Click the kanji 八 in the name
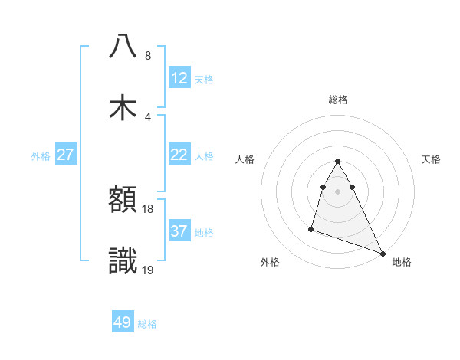123,47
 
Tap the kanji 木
123,108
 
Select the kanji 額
123,201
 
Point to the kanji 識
123,261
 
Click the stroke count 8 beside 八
147,56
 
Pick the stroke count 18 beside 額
148,209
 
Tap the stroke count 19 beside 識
148,270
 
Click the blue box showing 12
179,78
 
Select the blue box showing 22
179,155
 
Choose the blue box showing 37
179,231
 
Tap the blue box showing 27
65,155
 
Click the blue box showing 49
123,322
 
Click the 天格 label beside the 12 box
204,80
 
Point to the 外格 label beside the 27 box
41,156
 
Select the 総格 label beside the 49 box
147,324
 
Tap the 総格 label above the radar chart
337,100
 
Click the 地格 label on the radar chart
402,263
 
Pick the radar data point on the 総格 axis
337,161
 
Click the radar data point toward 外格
311,228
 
